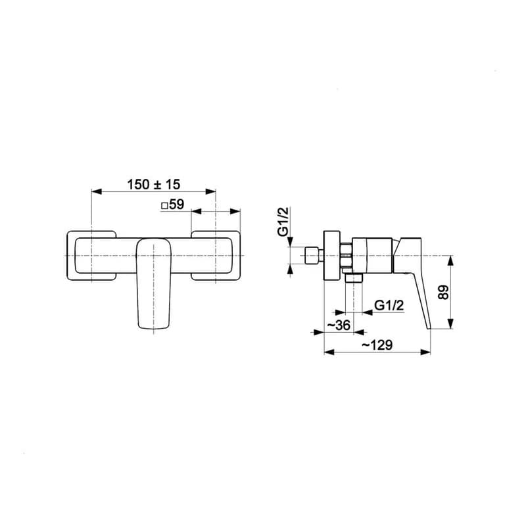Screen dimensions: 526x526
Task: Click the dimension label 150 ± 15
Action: tap(154, 184)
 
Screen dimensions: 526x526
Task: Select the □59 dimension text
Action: tap(173, 204)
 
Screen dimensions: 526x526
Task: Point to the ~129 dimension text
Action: tap(377, 345)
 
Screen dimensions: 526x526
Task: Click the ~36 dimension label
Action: tap(338, 325)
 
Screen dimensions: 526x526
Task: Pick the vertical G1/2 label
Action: tap(283, 222)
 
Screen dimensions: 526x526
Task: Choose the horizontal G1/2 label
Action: tap(389, 305)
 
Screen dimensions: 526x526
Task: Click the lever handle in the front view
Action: tap(154, 283)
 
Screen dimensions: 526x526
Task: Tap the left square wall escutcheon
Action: tap(91, 256)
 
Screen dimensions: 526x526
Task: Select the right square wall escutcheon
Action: tap(216, 256)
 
